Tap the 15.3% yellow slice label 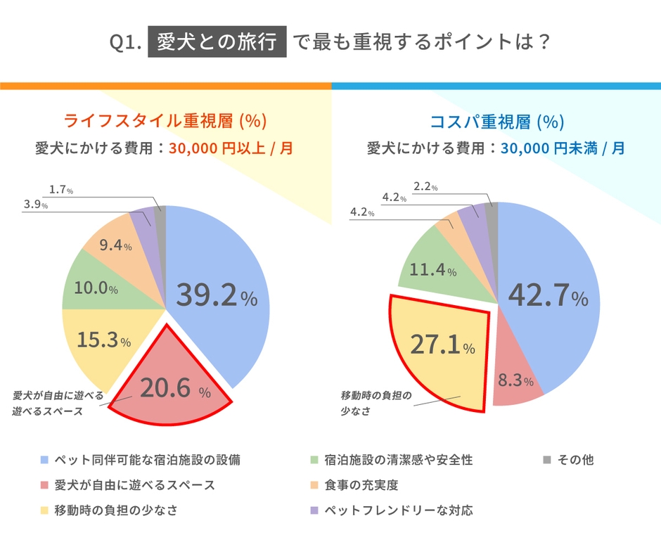(x=104, y=341)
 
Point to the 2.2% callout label (x=425, y=187)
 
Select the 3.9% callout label (x=35, y=205)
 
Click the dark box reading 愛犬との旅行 (x=217, y=43)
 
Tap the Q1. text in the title (x=127, y=44)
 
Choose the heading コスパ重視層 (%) (x=496, y=121)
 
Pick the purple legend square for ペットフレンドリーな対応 (x=314, y=510)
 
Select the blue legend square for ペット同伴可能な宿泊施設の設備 (x=44, y=461)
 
